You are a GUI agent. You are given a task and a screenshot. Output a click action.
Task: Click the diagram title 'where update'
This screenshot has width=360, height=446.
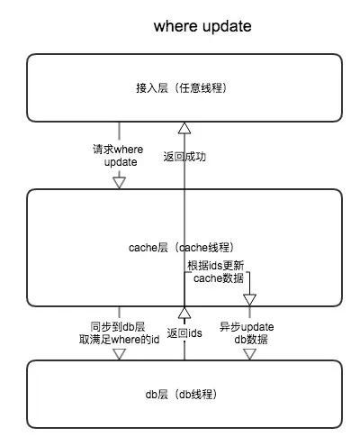pos(202,26)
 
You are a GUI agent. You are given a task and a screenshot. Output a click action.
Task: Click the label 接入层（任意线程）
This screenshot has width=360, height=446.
pos(181,88)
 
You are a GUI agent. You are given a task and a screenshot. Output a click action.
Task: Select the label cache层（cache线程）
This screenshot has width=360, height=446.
pos(181,248)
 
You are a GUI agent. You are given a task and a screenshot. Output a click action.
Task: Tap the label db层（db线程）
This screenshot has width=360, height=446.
pos(181,394)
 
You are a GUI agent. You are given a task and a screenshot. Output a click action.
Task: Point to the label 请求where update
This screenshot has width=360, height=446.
pos(118,155)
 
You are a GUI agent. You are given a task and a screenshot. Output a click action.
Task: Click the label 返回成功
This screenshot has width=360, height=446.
pos(184,157)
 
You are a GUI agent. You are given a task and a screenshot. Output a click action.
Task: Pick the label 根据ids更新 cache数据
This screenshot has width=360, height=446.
pos(216,272)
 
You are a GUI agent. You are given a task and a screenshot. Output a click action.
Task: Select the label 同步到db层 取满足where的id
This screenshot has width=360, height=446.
pos(119,333)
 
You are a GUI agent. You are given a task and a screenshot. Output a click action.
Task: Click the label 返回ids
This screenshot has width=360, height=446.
pos(184,333)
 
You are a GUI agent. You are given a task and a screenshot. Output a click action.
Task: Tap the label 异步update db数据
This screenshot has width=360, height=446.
pos(247,333)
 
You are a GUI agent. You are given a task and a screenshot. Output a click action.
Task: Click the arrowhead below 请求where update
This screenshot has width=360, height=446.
pos(119,183)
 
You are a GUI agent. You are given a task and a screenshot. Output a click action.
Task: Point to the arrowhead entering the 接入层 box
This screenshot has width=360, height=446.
pos(184,128)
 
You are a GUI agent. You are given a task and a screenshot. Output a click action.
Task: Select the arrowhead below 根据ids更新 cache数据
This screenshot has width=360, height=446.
pos(249,300)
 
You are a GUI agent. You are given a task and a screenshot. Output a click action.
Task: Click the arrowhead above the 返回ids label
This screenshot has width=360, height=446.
pos(184,313)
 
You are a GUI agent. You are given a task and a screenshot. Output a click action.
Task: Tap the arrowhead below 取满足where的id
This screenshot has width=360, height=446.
pos(119,354)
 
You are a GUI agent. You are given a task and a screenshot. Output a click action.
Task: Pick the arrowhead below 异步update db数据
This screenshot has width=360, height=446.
pos(249,354)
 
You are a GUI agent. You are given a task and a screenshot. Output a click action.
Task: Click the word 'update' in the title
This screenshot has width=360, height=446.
pos(227,27)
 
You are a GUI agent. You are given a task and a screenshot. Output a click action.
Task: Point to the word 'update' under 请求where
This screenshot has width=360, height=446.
pos(121,162)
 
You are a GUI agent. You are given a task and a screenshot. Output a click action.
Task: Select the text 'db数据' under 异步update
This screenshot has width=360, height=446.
pos(251,340)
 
